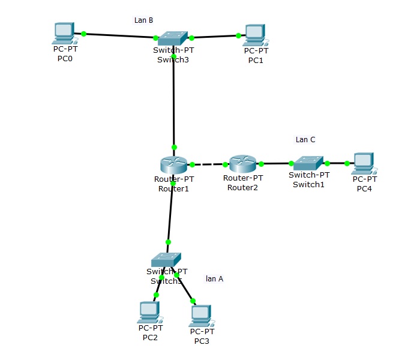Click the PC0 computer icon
tap(64, 34)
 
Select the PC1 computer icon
tap(254, 35)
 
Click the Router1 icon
tap(173, 164)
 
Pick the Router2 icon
tap(243, 163)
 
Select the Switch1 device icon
tap(308, 163)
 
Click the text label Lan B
tap(143, 20)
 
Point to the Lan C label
tap(305, 140)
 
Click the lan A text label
tap(214, 278)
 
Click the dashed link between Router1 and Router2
tap(209, 164)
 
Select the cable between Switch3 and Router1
tap(173, 102)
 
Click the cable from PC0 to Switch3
tap(120, 36)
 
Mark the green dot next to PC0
tap(83, 34)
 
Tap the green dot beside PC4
tap(347, 163)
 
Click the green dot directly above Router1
tap(174, 147)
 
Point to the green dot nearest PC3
tap(193, 301)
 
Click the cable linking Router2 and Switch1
tap(276, 163)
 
